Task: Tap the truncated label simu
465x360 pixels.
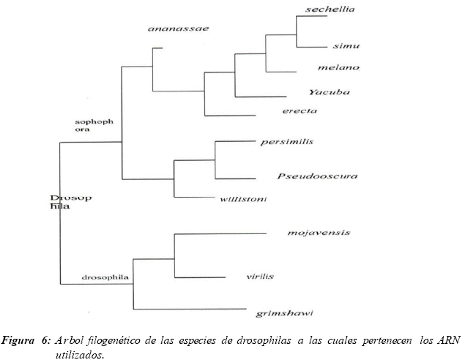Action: pyautogui.click(x=346, y=46)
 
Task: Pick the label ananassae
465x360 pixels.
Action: pyautogui.click(x=178, y=29)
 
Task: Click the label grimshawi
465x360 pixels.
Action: pyautogui.click(x=285, y=313)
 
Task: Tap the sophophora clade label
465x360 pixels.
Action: pyautogui.click(x=94, y=126)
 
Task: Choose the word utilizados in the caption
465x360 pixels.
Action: pyautogui.click(x=80, y=353)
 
